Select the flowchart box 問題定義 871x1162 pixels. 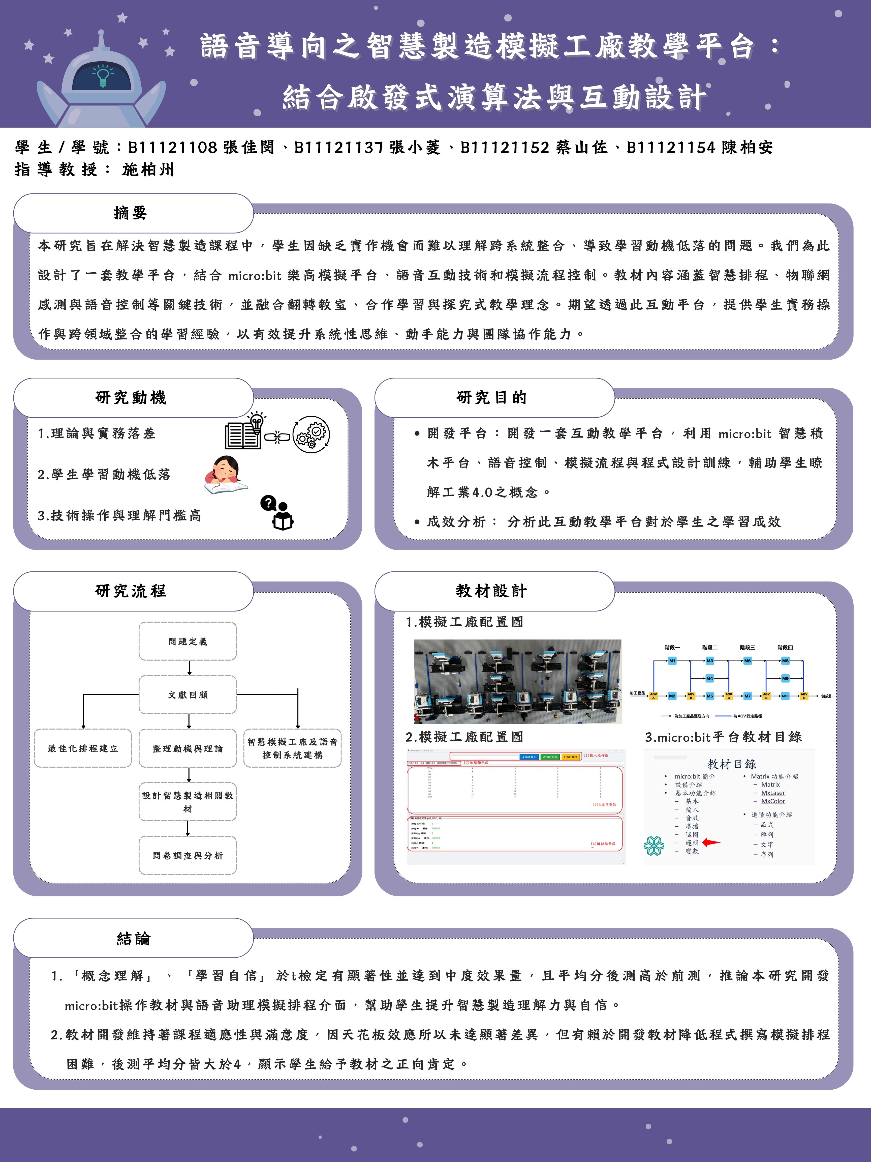click(x=188, y=641)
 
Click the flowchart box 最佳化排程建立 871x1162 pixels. click(x=83, y=748)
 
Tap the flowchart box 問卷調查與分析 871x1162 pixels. click(x=188, y=855)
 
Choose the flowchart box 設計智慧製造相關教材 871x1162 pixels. click(x=188, y=802)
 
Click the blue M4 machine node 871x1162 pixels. click(x=709, y=678)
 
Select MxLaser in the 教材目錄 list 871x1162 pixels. click(x=773, y=793)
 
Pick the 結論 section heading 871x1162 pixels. click(x=133, y=938)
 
